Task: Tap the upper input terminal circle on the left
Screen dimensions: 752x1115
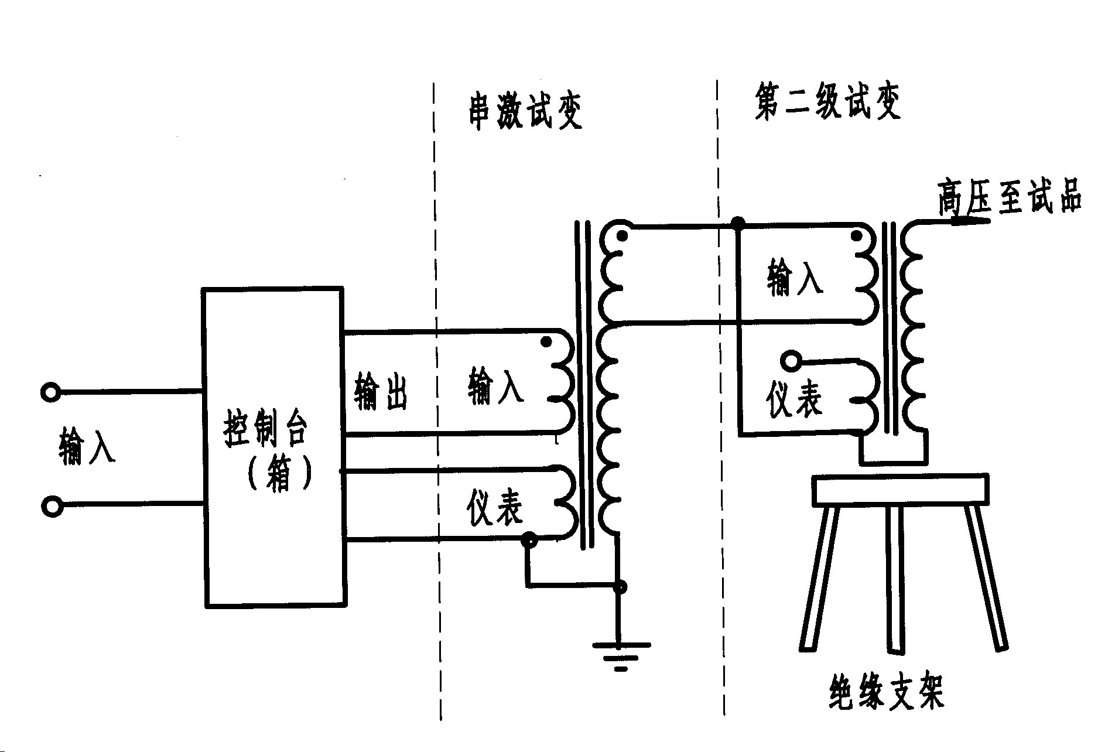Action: [51, 391]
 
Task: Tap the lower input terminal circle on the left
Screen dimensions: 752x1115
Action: [52, 506]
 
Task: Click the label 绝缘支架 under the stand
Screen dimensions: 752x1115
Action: [886, 692]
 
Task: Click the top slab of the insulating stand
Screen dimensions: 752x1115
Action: [901, 490]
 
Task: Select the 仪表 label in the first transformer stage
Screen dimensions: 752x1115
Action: [495, 507]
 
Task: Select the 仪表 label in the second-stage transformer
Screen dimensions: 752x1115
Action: [794, 401]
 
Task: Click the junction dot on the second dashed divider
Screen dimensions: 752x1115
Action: [739, 223]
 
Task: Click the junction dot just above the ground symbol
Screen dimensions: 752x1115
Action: [621, 587]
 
